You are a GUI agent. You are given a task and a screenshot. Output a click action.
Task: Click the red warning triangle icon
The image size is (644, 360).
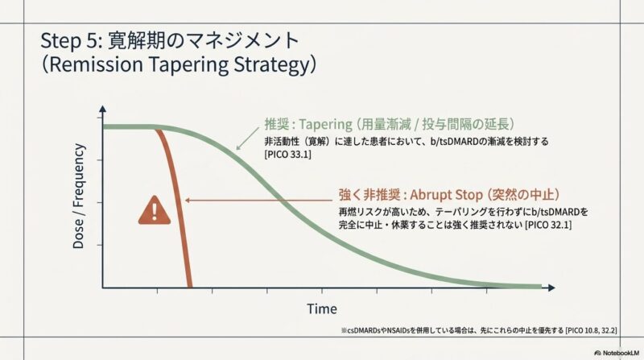tap(155, 211)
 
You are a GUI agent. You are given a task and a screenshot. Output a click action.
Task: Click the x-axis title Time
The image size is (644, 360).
tap(322, 309)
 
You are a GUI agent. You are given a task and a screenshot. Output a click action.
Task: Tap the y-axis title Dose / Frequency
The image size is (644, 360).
tap(78, 196)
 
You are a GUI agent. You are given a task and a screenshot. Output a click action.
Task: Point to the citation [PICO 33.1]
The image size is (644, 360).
tap(288, 155)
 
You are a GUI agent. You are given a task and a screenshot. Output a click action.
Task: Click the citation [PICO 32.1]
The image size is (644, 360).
tap(548, 225)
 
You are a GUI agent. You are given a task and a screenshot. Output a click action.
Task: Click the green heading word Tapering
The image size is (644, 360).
tap(325, 124)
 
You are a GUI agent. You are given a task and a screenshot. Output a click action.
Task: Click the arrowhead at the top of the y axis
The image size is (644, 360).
tap(103, 109)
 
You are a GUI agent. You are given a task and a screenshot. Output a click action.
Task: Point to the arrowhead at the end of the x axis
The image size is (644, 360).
tap(551, 288)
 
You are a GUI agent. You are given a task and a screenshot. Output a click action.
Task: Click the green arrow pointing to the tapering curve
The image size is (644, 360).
tap(248, 138)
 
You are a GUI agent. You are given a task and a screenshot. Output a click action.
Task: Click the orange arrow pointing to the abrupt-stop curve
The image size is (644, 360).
tap(258, 201)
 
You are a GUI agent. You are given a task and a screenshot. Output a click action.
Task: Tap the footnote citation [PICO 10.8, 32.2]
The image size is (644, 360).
tap(591, 330)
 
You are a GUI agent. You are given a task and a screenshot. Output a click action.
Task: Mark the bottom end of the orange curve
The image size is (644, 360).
tap(189, 287)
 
